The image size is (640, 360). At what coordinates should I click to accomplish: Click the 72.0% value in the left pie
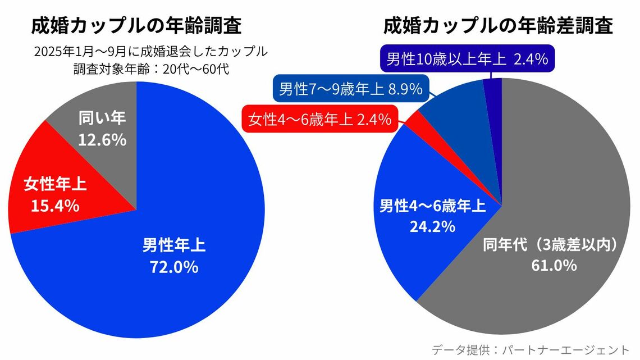pos(173,267)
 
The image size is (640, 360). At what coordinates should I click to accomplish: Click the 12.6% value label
pos(102,140)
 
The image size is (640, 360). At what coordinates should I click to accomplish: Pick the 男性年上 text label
pos(173,245)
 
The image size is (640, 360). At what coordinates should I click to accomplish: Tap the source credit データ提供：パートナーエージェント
pos(531,349)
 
